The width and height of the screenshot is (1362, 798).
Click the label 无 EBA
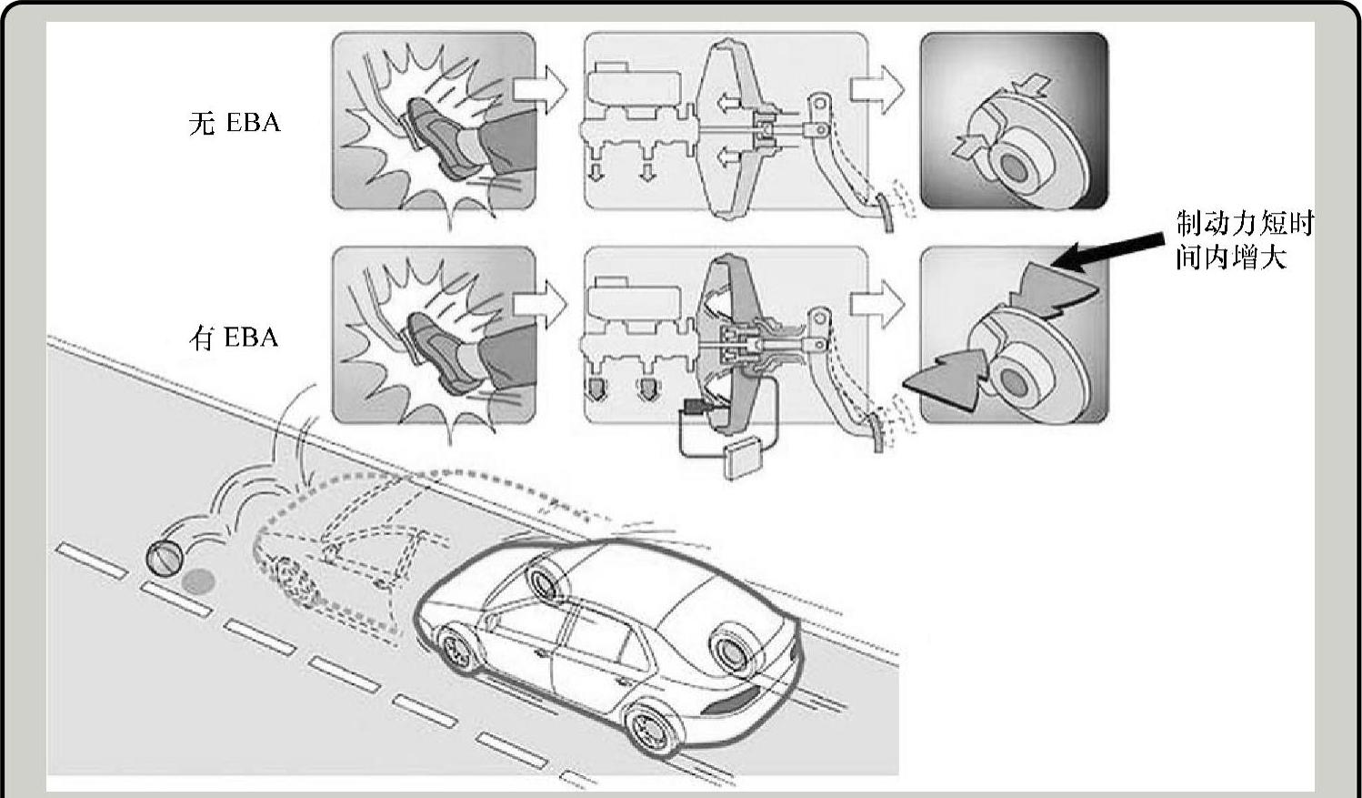point(235,123)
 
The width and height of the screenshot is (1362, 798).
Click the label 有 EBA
point(234,338)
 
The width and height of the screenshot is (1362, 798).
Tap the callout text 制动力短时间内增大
point(1245,240)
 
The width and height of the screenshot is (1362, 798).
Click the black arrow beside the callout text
point(1107,251)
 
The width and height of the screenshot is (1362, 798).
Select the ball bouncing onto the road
point(165,558)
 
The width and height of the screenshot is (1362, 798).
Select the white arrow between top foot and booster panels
point(540,89)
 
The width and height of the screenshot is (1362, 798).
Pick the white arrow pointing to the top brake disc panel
point(876,89)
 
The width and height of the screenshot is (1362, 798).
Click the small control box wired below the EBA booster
point(742,460)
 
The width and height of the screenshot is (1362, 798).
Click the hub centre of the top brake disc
point(1014,167)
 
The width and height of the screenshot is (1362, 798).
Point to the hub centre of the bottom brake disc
point(1014,381)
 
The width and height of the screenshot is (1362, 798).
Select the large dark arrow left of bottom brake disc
point(946,379)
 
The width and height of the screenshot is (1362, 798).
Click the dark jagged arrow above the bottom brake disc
point(1055,291)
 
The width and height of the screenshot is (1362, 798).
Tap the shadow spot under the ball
point(198,582)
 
